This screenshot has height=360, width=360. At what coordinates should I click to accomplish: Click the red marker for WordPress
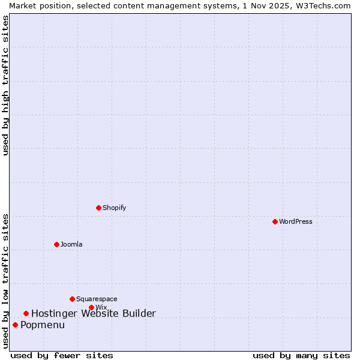(x=275, y=221)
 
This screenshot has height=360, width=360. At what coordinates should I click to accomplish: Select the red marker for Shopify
(x=98, y=208)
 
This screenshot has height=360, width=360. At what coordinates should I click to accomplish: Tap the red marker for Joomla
(x=56, y=244)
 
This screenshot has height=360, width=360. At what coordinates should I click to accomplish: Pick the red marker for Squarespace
(x=72, y=299)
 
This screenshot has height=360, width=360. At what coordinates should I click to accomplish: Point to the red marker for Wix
(x=91, y=307)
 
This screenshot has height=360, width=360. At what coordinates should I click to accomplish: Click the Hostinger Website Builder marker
(x=26, y=313)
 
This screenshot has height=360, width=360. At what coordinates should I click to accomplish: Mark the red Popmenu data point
(x=15, y=325)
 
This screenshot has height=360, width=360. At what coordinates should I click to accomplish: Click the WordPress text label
(x=296, y=221)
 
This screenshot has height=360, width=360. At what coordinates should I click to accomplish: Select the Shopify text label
(x=114, y=208)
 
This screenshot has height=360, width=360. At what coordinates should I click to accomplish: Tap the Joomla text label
(x=71, y=244)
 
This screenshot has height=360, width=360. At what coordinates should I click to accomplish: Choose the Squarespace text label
(x=97, y=299)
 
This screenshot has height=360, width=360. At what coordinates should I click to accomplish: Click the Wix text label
(x=101, y=307)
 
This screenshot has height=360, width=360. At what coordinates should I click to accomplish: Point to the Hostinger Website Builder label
(x=94, y=313)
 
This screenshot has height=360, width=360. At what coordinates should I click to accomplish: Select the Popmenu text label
(x=43, y=325)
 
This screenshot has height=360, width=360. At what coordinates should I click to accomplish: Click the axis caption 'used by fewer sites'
(x=62, y=355)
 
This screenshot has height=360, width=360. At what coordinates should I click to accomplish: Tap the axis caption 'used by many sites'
(x=301, y=355)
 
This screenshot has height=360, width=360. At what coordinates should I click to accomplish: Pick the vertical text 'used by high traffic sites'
(x=5, y=85)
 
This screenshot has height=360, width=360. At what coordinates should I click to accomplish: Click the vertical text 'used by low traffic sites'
(x=5, y=281)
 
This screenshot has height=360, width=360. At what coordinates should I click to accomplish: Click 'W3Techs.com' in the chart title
(x=322, y=5)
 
